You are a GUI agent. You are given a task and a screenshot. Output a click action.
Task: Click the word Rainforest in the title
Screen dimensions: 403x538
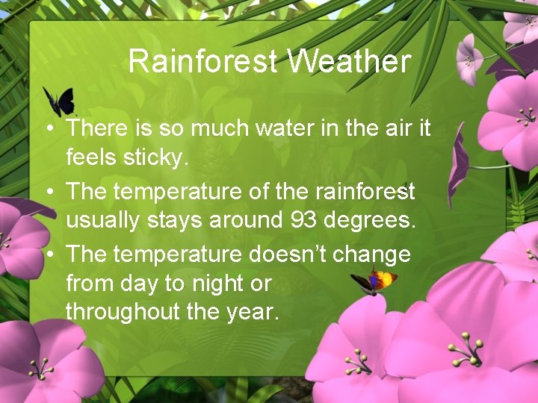click(x=202, y=61)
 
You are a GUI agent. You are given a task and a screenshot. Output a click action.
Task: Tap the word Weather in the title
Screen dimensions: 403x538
click(x=348, y=61)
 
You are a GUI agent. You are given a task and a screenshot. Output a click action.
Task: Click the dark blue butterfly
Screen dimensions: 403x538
click(x=59, y=101)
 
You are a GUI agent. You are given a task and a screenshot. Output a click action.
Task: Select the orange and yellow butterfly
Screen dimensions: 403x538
click(x=374, y=281)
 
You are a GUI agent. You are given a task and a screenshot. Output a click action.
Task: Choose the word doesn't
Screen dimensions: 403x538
click(x=286, y=254)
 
